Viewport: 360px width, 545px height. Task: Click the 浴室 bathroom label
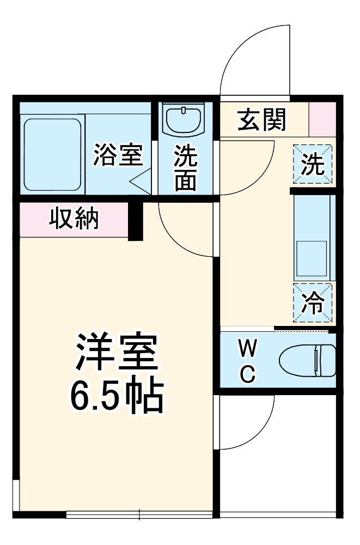click(117, 155)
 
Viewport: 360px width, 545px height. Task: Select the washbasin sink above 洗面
click(184, 120)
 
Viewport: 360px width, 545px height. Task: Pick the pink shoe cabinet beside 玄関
click(322, 118)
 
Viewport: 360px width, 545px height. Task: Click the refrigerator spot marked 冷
click(313, 303)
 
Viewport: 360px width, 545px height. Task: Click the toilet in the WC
click(307, 360)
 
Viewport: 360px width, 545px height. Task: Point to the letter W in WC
click(248, 347)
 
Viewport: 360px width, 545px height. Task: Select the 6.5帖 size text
click(116, 395)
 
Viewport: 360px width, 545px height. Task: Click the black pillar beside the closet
click(136, 221)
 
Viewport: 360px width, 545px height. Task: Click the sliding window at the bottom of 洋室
click(139, 514)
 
